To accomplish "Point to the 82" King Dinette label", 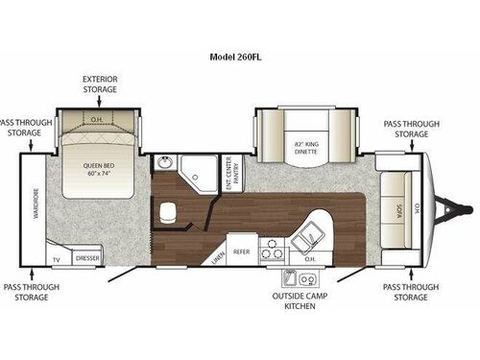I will pos(305,147).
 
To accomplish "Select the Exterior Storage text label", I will pos(100,84).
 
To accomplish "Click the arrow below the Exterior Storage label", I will pos(100,101).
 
